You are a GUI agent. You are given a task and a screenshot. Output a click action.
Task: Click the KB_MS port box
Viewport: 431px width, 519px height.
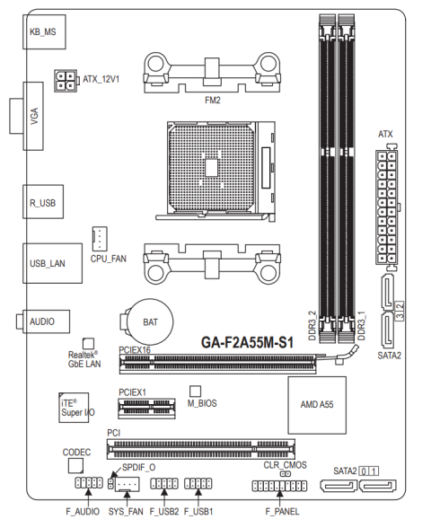44,31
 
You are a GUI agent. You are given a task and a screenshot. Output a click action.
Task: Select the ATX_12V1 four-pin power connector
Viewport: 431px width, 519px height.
66,81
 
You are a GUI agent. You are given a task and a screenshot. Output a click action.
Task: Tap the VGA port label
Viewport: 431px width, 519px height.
34,116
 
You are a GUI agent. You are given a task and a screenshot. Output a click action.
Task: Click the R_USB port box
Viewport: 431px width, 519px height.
43,201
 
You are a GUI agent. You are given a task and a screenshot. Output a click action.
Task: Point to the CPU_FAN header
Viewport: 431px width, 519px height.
100,239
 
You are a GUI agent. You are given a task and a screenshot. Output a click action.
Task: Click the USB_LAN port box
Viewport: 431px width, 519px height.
52,263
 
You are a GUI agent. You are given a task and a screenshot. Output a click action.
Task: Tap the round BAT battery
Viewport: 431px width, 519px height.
151,321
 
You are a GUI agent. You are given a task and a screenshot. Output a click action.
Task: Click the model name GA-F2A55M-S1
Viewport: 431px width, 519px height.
247,343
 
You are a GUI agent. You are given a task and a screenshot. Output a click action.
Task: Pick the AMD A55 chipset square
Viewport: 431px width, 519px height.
317,405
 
